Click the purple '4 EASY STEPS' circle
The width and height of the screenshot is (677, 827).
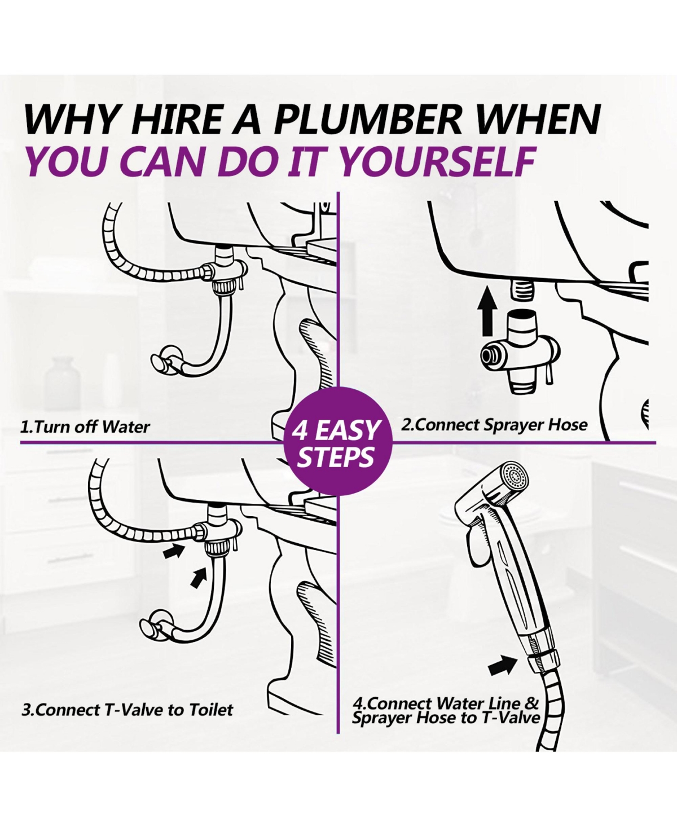(x=337, y=443)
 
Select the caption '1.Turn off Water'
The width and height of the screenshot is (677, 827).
(x=85, y=426)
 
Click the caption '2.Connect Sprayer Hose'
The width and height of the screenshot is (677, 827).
(x=494, y=425)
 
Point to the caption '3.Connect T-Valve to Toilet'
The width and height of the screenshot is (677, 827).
(x=128, y=710)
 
